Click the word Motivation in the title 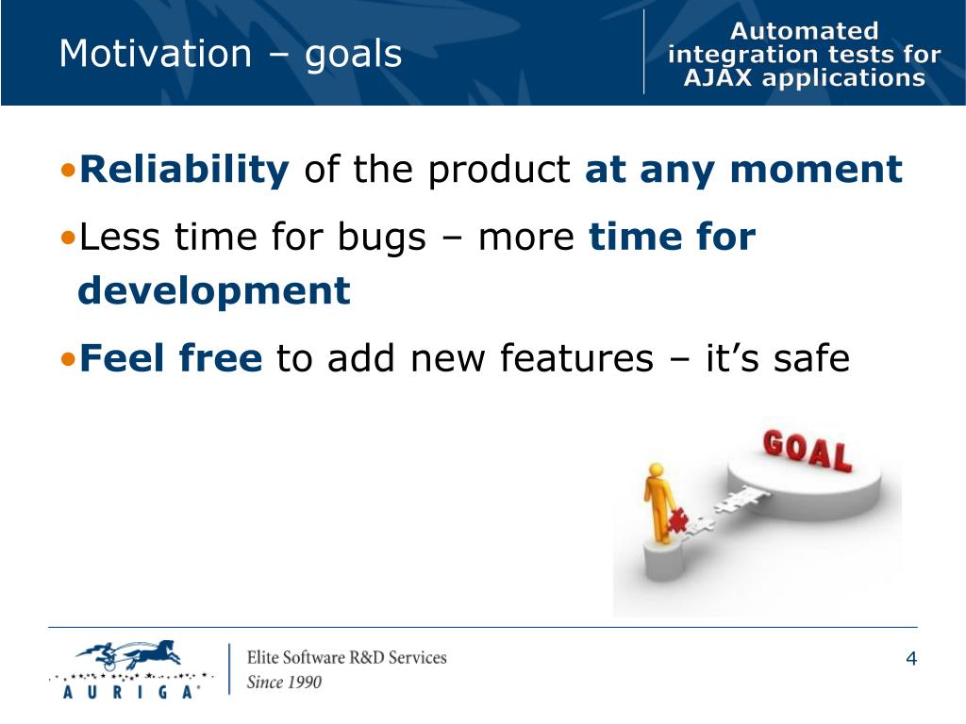pyautogui.click(x=156, y=53)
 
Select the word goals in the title pyautogui.click(x=353, y=56)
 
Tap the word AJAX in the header pyautogui.click(x=718, y=78)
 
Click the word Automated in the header pyautogui.click(x=804, y=31)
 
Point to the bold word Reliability pyautogui.click(x=184, y=170)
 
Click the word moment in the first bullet pyautogui.click(x=816, y=171)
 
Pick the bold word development pyautogui.click(x=214, y=291)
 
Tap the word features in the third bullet pyautogui.click(x=576, y=358)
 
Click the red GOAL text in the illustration pyautogui.click(x=808, y=452)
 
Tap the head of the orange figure pyautogui.click(x=657, y=471)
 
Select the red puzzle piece pyautogui.click(x=678, y=520)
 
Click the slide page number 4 pyautogui.click(x=911, y=659)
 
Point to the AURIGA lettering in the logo pyautogui.click(x=131, y=692)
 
